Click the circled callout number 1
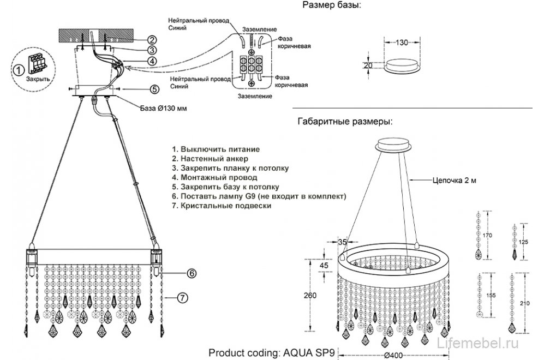(x=18, y=70)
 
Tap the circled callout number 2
(x=153, y=39)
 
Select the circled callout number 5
(x=154, y=89)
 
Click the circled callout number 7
(x=183, y=297)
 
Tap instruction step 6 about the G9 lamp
(x=259, y=196)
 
